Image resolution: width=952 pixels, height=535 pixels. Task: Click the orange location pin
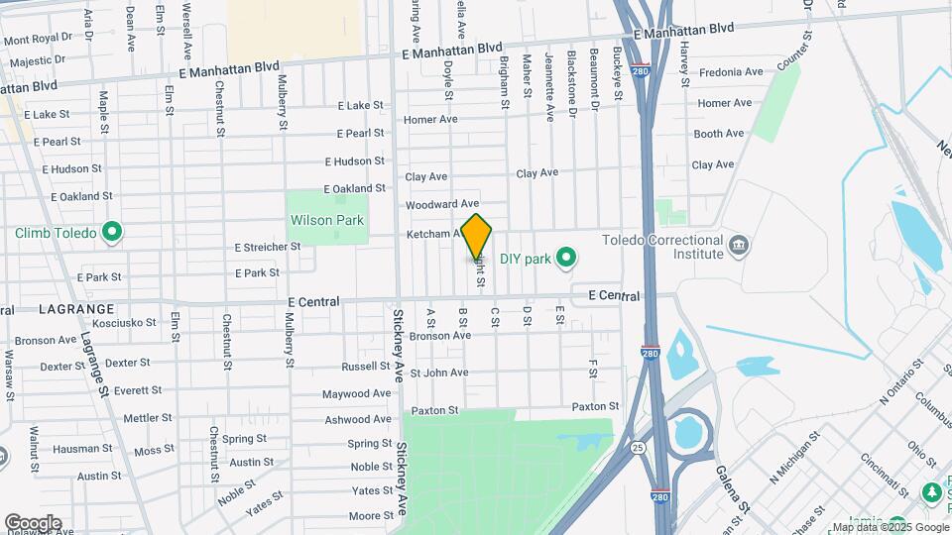(477, 236)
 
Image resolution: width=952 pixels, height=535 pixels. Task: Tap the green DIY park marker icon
(566, 260)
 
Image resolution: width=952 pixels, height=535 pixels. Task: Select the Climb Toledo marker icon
(112, 234)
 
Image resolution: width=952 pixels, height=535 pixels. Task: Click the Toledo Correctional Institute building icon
(738, 245)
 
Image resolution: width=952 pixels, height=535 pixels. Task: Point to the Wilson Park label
(326, 220)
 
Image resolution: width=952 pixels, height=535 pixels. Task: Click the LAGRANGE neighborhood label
(76, 309)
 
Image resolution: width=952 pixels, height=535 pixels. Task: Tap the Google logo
(33, 523)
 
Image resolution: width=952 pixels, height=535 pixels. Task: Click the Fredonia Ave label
(731, 72)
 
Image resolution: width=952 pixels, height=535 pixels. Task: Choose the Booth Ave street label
(718, 134)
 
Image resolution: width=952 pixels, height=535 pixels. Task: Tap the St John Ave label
(439, 373)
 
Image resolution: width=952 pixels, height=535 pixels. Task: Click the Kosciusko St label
(118, 323)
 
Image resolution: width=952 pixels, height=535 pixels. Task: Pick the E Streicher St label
(267, 247)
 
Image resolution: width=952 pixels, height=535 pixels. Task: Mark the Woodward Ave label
(442, 204)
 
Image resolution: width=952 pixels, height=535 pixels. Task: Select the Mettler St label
(148, 418)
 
